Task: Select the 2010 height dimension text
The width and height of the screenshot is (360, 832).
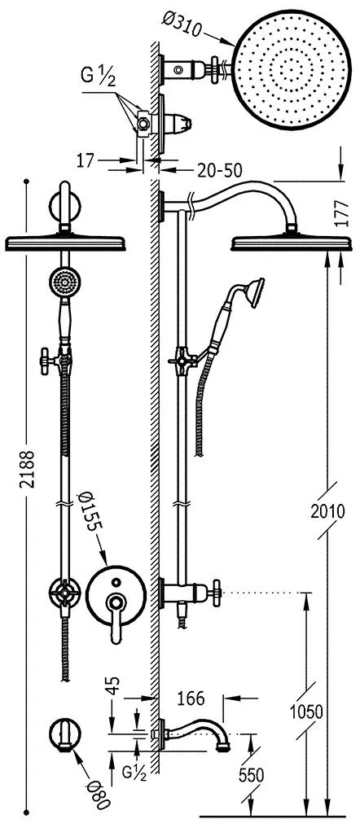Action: point(327,511)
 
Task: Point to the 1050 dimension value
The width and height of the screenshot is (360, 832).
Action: point(306,712)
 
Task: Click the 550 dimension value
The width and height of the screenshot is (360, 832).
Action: point(251,775)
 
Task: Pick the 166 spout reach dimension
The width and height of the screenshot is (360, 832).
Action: point(191,698)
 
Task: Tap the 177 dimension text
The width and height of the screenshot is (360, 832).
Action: point(342,214)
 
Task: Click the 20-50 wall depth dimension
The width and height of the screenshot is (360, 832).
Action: point(219,170)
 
